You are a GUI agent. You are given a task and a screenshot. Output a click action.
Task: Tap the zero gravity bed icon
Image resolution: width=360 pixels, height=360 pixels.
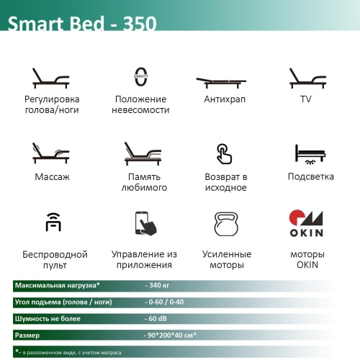[140, 78]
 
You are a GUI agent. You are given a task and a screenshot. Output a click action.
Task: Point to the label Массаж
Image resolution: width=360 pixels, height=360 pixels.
[52, 176]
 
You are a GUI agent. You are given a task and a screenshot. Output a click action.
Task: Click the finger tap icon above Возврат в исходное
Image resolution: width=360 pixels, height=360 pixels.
[223, 153]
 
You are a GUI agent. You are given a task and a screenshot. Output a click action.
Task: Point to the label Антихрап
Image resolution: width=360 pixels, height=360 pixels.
[223, 99]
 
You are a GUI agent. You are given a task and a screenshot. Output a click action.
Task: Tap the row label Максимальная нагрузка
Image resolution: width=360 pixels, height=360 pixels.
[57, 285]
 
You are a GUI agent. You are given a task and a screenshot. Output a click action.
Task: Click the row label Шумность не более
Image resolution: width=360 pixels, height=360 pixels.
[48, 319]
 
